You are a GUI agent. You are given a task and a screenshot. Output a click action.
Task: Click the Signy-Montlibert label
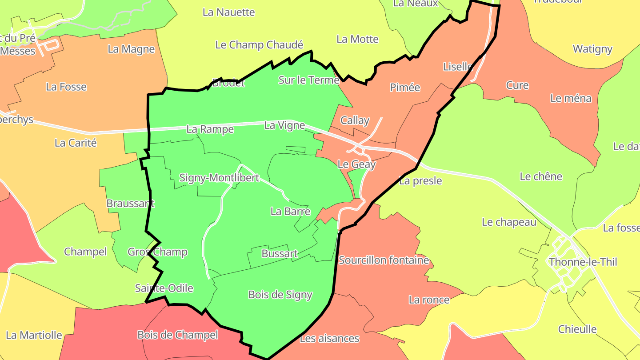click(219, 178)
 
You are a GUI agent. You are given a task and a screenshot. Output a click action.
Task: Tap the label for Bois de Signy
click(280, 295)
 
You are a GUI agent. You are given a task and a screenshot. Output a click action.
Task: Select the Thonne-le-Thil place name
click(583, 262)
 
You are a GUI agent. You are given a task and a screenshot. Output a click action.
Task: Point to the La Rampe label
click(210, 129)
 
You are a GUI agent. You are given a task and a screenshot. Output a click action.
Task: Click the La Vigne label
click(284, 125)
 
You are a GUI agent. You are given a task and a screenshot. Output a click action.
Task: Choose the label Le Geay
click(356, 164)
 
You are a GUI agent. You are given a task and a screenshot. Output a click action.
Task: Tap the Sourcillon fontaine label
click(384, 260)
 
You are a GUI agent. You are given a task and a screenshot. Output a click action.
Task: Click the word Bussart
click(280, 254)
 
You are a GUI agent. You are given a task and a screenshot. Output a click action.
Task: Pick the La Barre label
click(290, 212)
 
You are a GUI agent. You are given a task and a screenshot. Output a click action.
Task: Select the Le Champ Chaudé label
click(259, 45)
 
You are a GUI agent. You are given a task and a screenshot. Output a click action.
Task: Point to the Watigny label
click(592, 49)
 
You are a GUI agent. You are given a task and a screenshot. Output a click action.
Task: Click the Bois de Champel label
click(177, 335)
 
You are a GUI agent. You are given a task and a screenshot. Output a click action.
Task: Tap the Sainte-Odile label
click(164, 288)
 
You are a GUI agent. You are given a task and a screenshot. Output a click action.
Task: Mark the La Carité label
click(76, 143)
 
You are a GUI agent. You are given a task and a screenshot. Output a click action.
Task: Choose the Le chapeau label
click(509, 222)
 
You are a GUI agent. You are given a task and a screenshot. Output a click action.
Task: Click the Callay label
click(355, 120)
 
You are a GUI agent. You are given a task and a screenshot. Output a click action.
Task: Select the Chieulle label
click(577, 329)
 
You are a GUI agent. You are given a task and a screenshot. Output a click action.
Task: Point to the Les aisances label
click(329, 339)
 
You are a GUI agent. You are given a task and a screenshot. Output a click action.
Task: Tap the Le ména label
click(571, 98)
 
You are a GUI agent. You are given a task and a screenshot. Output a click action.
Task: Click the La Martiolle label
click(34, 335)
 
